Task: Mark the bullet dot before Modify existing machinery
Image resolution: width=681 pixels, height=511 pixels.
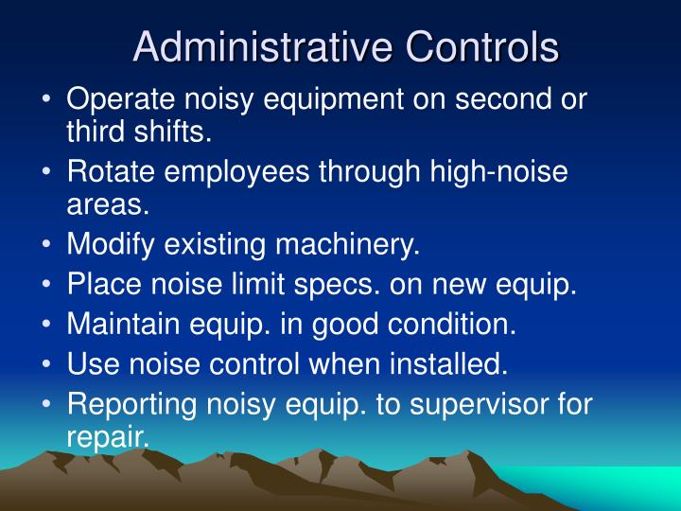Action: coord(48,245)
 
